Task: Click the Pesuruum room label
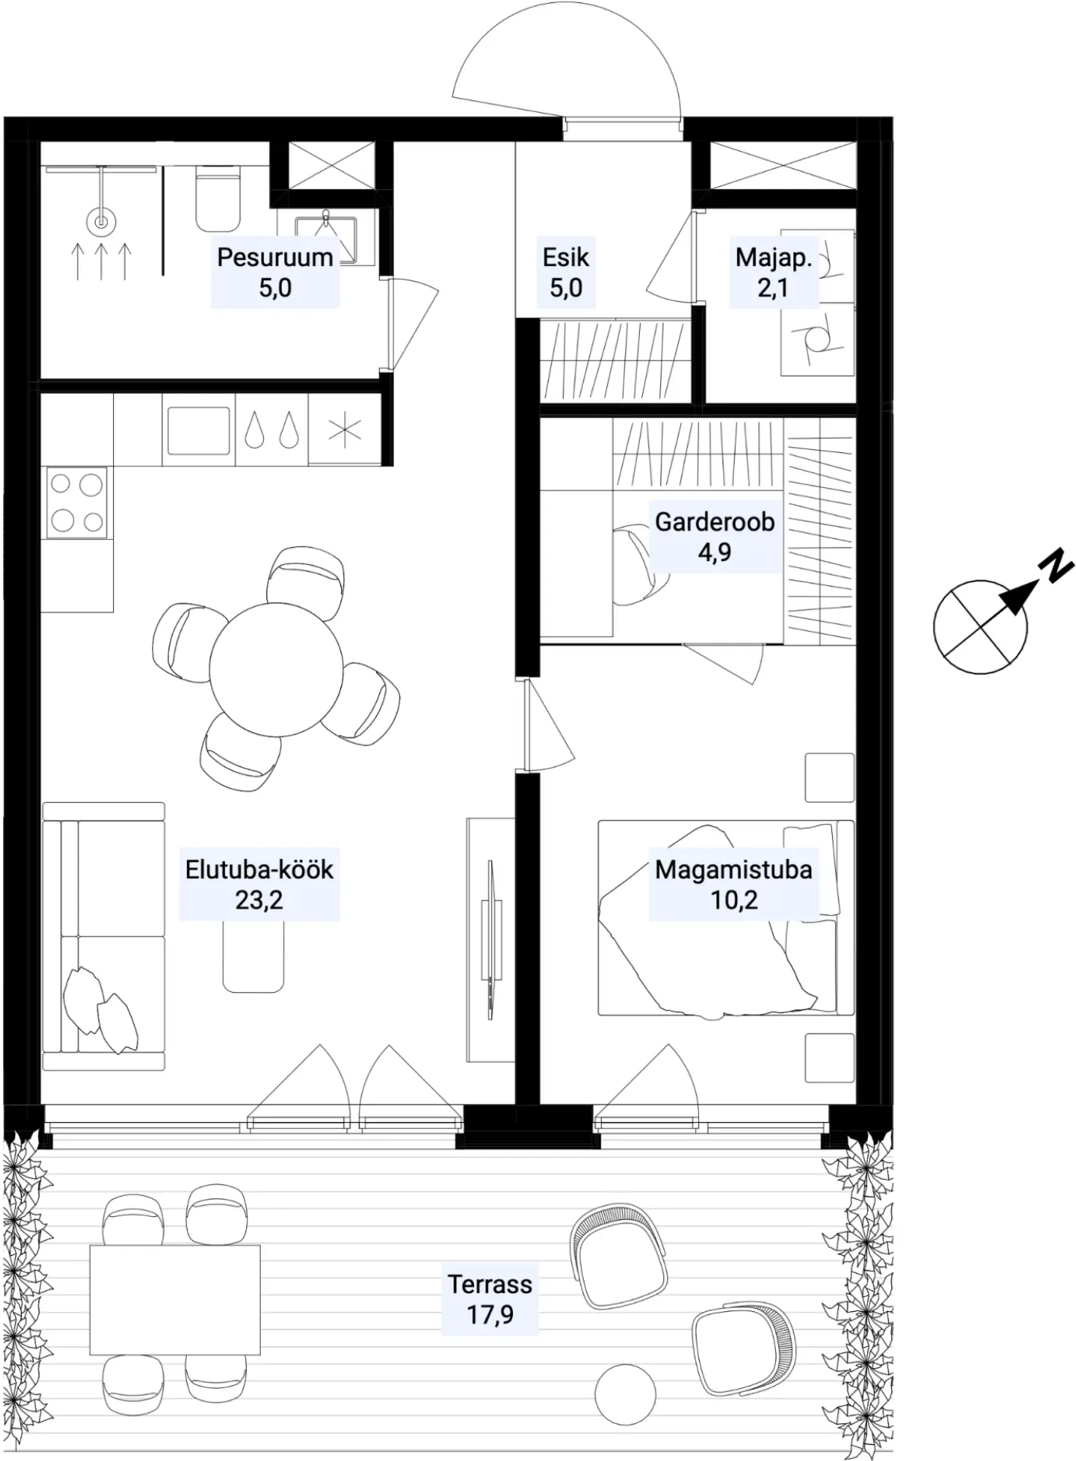(x=275, y=272)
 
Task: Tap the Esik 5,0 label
(x=565, y=272)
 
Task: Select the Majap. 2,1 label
(x=774, y=272)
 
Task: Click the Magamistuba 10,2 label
(x=733, y=885)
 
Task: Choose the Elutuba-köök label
(x=259, y=885)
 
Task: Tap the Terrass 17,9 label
(x=489, y=1299)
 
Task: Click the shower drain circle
(x=101, y=221)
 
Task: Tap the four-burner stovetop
(x=77, y=503)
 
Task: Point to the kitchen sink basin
(x=198, y=430)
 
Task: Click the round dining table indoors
(x=276, y=669)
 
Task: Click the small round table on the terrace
(x=625, y=1395)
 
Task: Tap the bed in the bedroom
(x=726, y=918)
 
